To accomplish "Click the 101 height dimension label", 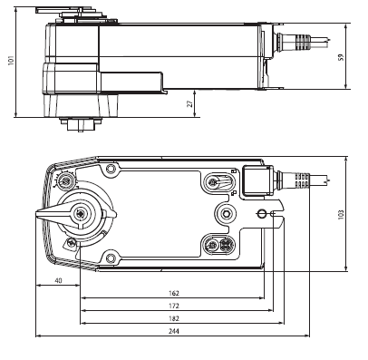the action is click(x=11, y=61).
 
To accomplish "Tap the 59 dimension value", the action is click(x=341, y=57).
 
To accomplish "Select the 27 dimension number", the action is click(x=189, y=103).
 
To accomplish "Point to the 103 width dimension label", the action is click(x=341, y=215).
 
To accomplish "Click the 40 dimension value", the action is click(x=58, y=280).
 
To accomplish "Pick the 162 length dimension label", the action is click(x=174, y=293).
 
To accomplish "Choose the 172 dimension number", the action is click(x=174, y=306).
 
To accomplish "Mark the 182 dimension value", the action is click(x=174, y=318).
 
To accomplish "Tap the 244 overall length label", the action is click(x=174, y=331).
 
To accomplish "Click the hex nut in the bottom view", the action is click(x=226, y=214).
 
